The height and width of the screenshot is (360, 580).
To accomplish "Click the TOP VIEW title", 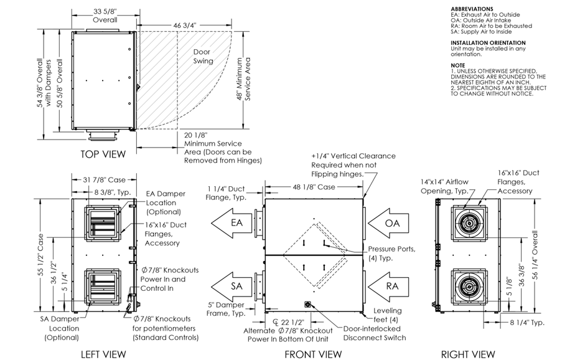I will [103, 154].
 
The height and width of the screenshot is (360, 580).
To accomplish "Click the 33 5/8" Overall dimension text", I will [105, 15].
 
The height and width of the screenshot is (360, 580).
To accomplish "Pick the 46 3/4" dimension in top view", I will [185, 24].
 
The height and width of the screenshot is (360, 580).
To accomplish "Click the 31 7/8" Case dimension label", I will [104, 181].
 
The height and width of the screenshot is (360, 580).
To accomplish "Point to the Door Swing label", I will [203, 57].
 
